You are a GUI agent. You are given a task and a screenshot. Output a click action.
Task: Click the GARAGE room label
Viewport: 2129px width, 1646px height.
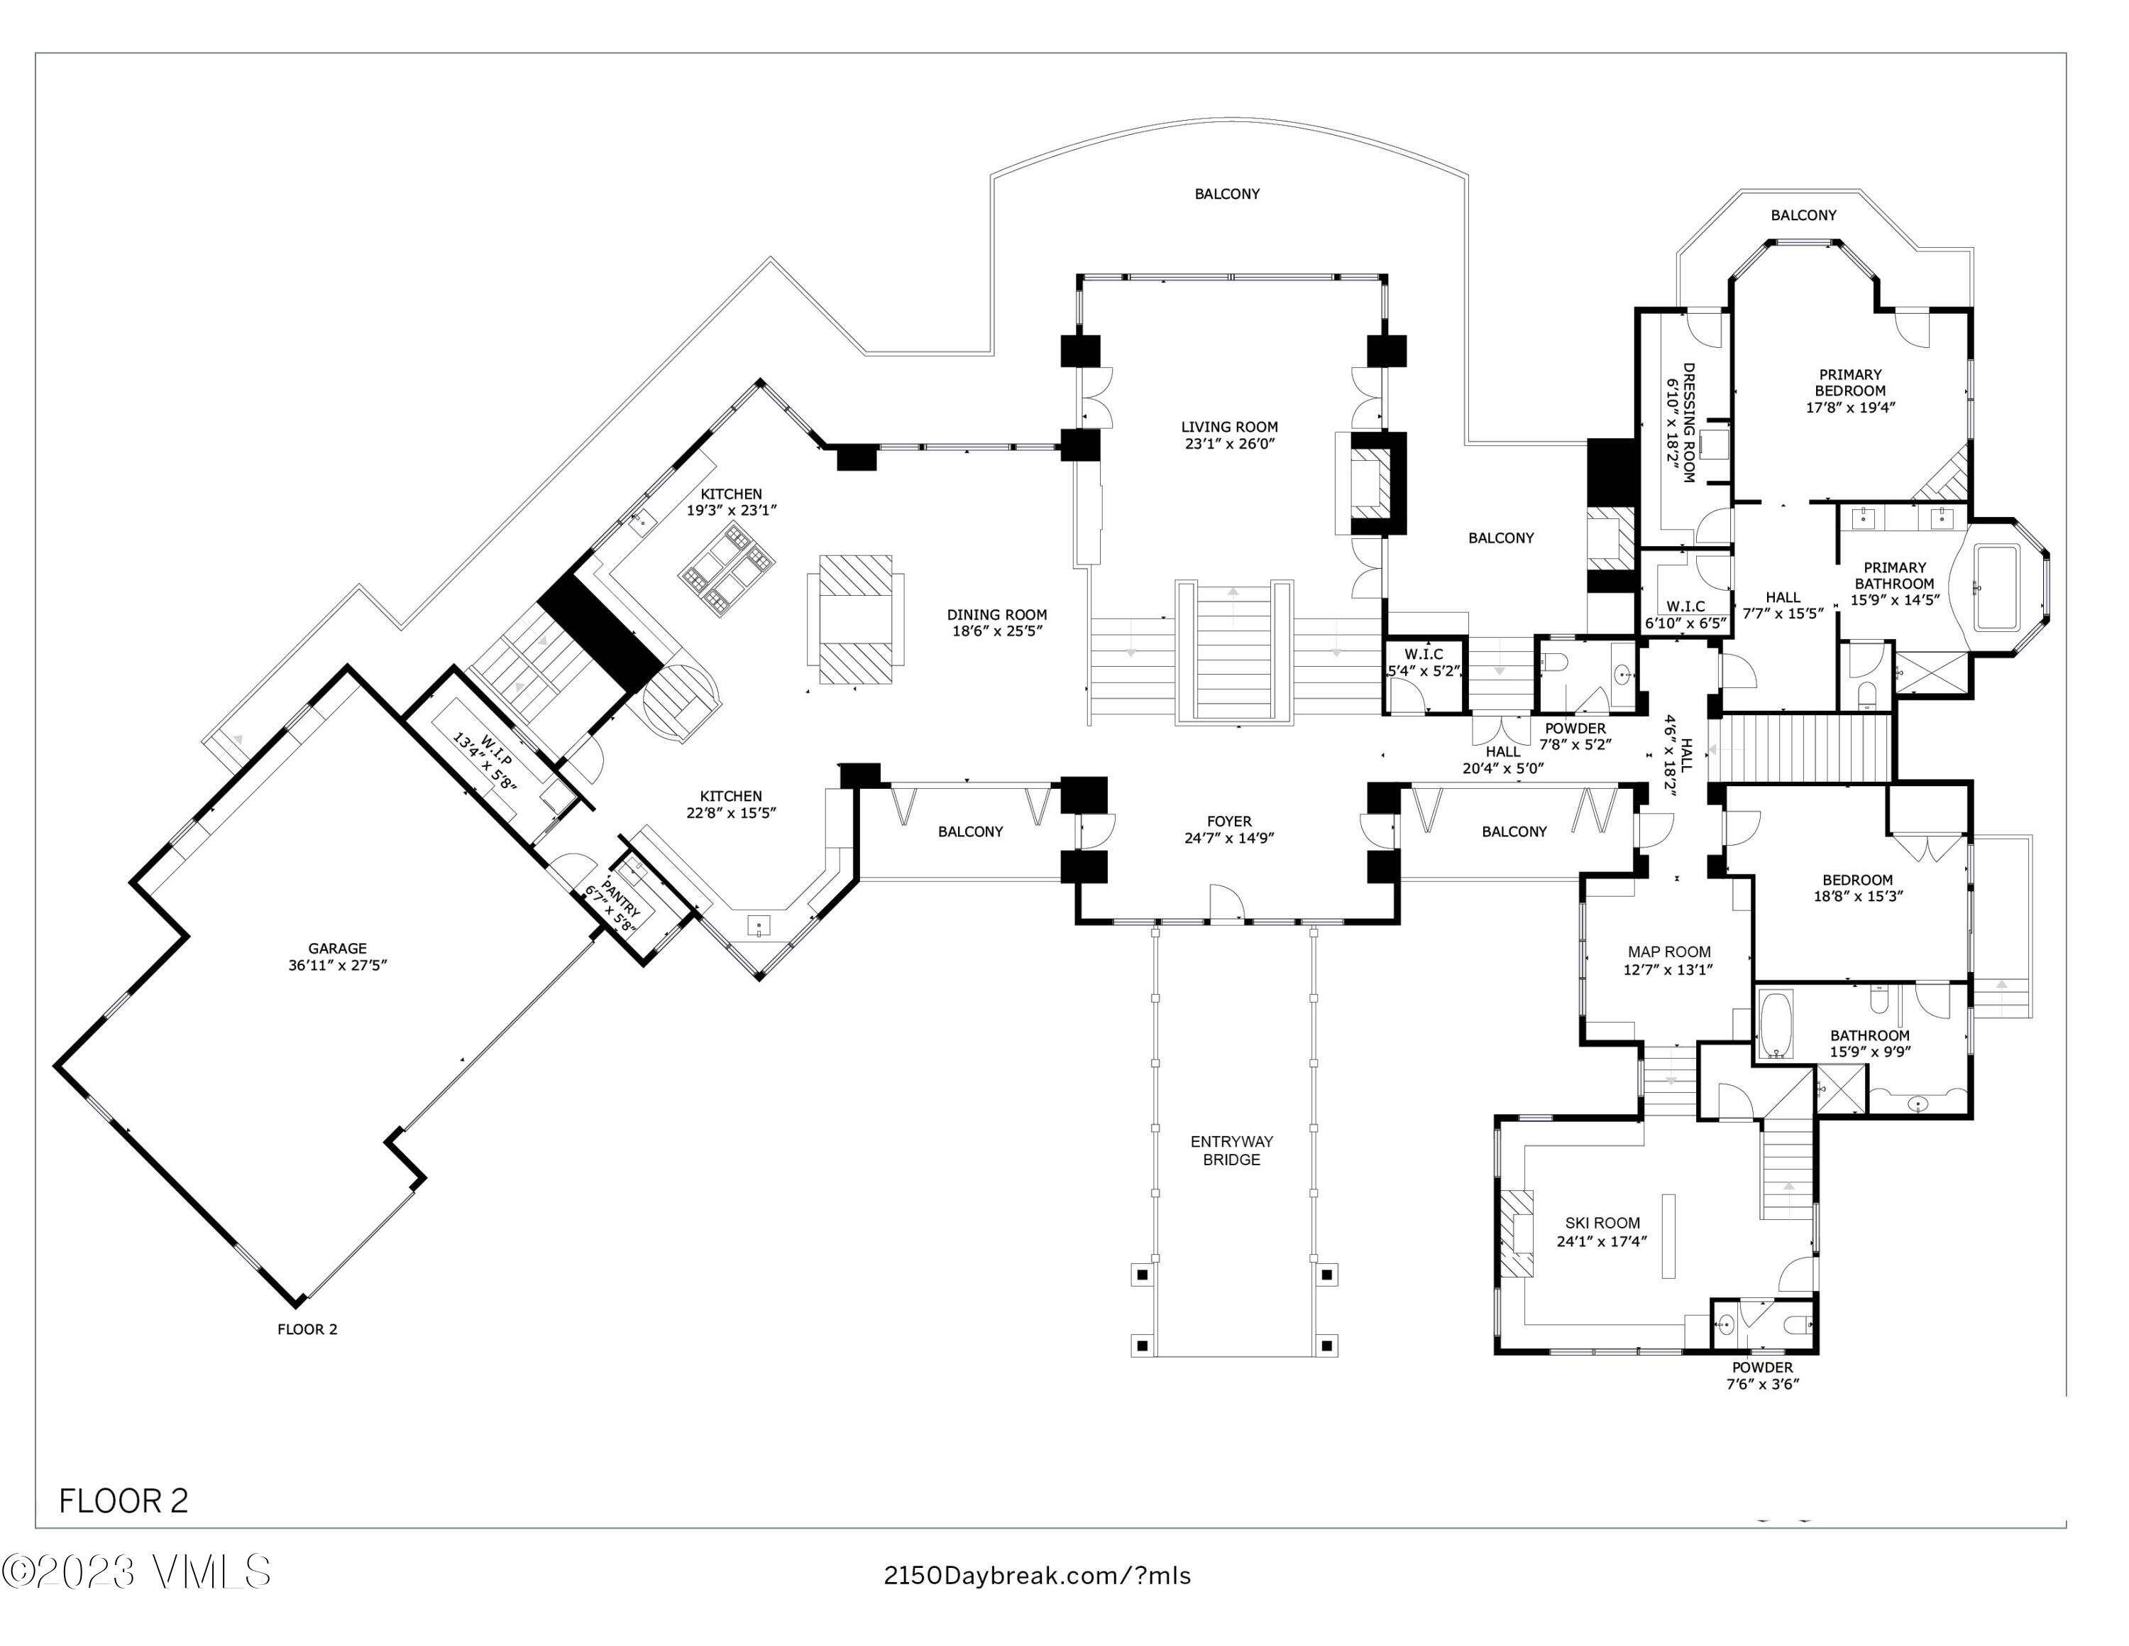pyautogui.click(x=337, y=948)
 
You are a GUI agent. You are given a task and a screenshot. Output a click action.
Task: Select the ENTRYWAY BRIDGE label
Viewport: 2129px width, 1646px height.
pyautogui.click(x=1231, y=1150)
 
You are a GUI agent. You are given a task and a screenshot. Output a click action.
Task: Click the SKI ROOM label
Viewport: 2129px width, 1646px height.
pyautogui.click(x=1602, y=1223)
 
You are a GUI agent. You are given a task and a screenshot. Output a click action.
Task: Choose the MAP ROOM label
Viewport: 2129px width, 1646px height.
pyautogui.click(x=1669, y=952)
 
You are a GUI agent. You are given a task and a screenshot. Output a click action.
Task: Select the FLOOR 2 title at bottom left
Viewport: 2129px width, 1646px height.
pyautogui.click(x=123, y=1500)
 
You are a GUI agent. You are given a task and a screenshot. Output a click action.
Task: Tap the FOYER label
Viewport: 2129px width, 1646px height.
pyautogui.click(x=1229, y=821)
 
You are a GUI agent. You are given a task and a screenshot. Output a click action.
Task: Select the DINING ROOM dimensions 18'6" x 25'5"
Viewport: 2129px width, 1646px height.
pyautogui.click(x=997, y=631)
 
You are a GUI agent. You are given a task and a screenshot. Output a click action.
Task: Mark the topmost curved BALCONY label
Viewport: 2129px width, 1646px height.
pyautogui.click(x=1227, y=194)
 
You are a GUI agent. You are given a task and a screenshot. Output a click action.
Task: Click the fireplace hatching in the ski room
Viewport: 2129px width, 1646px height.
pyautogui.click(x=1515, y=1233)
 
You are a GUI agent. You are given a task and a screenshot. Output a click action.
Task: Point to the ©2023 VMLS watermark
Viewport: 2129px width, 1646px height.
pyautogui.click(x=136, y=1572)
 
